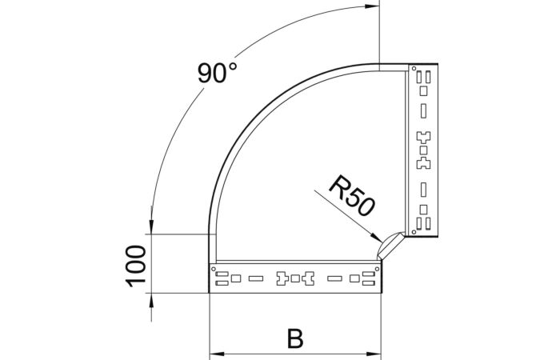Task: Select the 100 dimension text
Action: click(x=136, y=265)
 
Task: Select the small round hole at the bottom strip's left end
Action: click(x=214, y=269)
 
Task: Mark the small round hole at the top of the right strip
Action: click(x=413, y=71)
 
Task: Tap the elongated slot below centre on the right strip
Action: click(x=423, y=190)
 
